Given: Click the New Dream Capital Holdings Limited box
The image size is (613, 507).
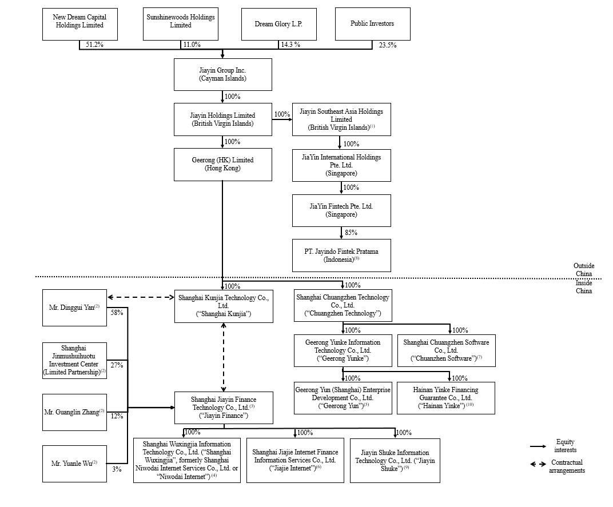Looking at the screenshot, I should click(x=79, y=24).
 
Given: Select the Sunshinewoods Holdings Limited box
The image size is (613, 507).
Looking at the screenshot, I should click(x=180, y=24).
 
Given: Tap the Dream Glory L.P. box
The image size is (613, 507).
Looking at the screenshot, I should click(x=278, y=24).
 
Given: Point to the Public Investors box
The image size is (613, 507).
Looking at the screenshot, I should click(x=372, y=24).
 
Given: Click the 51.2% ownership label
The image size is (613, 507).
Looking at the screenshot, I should click(x=94, y=45).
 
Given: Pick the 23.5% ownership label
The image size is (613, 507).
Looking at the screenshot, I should click(x=387, y=45).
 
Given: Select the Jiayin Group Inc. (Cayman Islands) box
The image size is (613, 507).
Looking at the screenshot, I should click(x=222, y=74).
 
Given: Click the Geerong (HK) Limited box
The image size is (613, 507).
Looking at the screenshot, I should click(x=222, y=164).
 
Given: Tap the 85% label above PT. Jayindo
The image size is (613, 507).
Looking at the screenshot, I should click(x=351, y=233).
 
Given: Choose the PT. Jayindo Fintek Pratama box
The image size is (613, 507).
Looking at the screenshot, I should click(x=341, y=255).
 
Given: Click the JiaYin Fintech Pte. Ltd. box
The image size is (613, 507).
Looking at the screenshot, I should click(x=341, y=210).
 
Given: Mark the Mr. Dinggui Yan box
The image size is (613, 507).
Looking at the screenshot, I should click(x=74, y=308).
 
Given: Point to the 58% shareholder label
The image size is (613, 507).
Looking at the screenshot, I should click(x=117, y=313).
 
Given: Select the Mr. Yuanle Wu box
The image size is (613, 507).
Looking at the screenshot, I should click(x=74, y=464).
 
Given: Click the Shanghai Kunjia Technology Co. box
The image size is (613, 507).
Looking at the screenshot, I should click(x=222, y=306).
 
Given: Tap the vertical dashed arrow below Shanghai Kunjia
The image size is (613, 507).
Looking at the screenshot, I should click(x=223, y=357).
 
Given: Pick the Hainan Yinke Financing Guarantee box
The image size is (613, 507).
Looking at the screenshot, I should click(x=445, y=398).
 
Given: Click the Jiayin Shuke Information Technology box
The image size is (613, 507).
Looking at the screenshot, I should click(x=395, y=461).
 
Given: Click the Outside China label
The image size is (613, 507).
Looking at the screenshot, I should click(x=583, y=269).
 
